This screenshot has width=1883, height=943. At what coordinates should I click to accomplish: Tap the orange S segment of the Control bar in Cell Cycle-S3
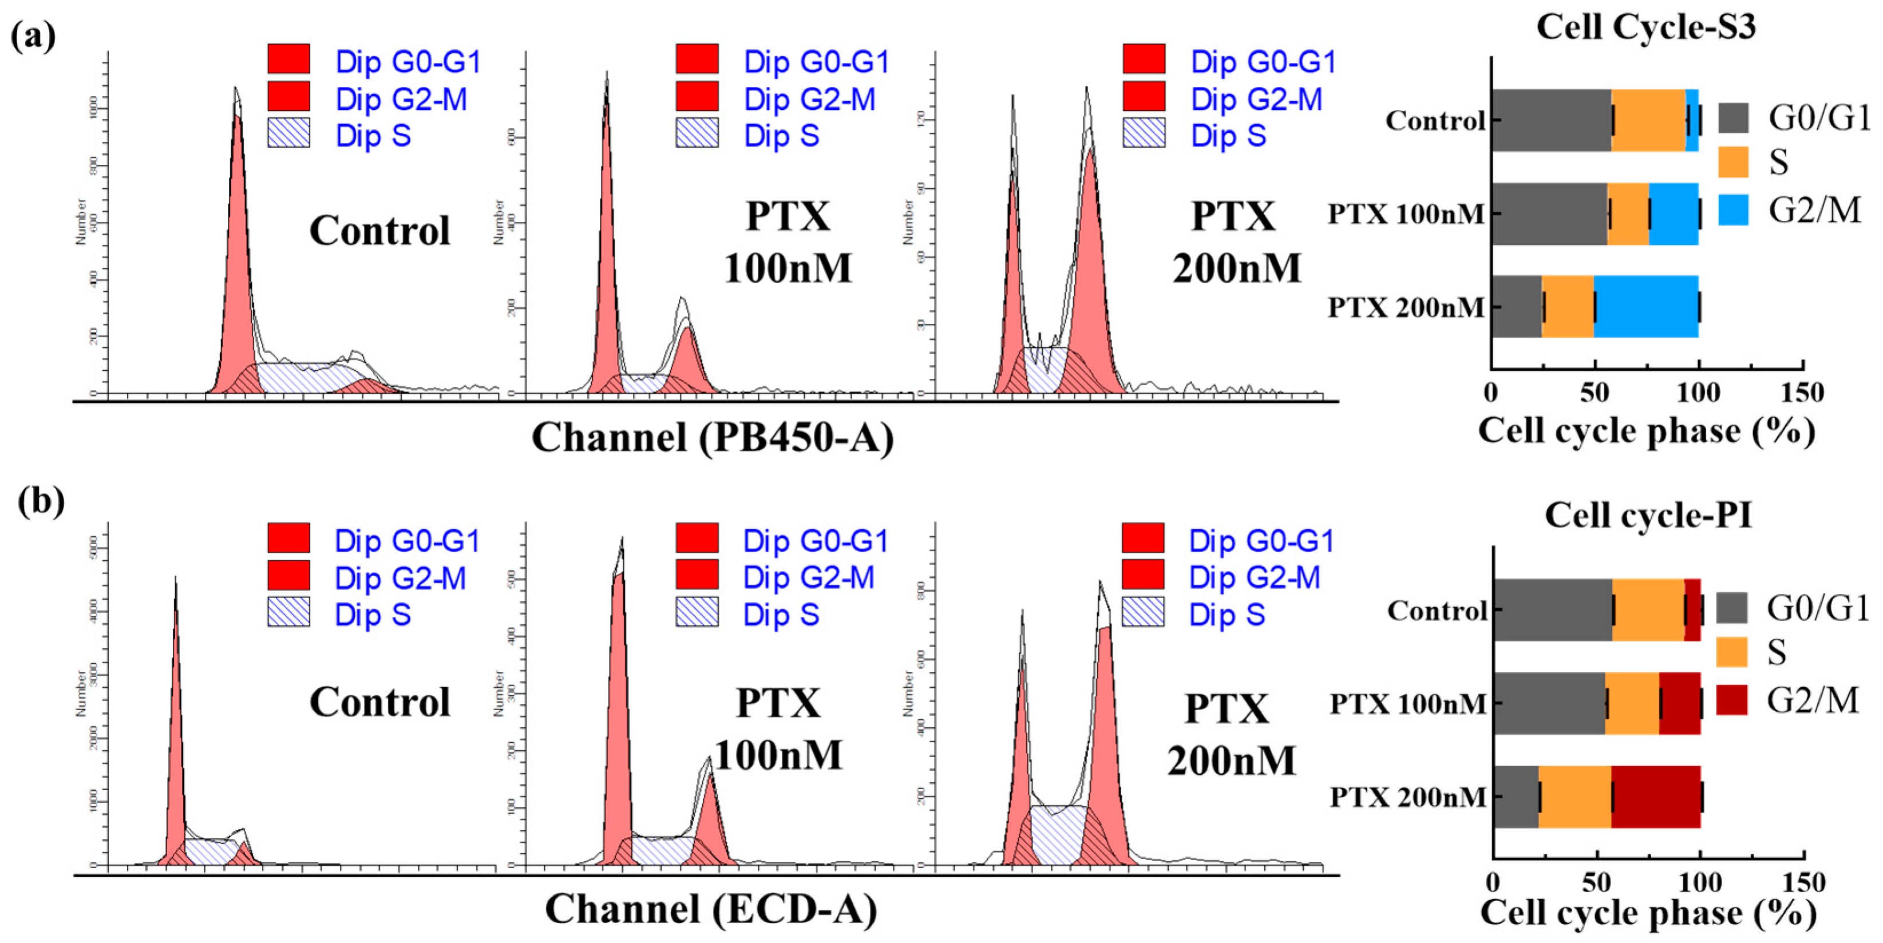coord(1648,121)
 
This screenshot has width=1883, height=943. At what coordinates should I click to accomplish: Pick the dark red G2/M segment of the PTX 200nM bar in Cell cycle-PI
coord(1655,796)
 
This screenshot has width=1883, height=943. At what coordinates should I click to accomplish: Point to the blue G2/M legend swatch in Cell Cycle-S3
coord(1732,210)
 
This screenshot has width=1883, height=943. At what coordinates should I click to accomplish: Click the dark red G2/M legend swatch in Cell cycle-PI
coord(1731,700)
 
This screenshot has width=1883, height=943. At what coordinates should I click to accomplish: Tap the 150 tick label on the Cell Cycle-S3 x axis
coord(1801,393)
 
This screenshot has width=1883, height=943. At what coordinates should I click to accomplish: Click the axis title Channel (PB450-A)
coord(712,438)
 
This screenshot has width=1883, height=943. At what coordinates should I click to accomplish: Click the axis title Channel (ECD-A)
coord(710,909)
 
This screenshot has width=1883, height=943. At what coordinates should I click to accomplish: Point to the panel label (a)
coord(33,36)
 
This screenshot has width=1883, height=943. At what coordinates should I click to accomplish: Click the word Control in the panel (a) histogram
coord(379,231)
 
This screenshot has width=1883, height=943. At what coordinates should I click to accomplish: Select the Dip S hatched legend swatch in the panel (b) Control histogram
coord(288,611)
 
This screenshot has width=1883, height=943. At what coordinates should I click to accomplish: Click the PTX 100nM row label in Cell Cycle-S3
coord(1405,214)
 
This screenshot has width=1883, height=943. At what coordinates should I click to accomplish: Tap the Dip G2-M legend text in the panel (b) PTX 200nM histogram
coord(1255,577)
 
